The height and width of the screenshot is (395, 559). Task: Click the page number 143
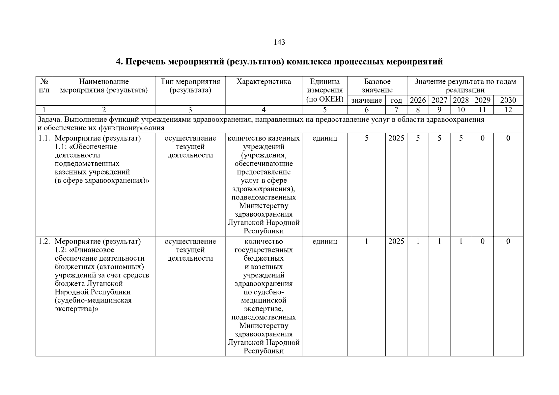click(279, 42)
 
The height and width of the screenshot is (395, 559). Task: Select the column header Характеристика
click(264, 82)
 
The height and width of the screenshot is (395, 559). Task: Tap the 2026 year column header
click(418, 100)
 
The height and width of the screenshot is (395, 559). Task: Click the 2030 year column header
click(508, 100)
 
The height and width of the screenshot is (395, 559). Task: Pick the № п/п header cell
click(44, 86)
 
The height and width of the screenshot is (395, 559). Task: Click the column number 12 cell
click(508, 110)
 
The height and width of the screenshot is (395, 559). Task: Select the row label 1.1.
click(44, 138)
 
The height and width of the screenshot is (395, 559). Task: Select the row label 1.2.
click(44, 241)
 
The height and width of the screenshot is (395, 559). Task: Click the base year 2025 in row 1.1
click(396, 138)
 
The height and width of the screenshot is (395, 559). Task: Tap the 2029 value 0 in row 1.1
click(482, 138)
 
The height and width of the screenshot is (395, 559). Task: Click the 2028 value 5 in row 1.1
click(461, 138)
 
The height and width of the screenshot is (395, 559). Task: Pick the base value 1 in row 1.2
click(366, 241)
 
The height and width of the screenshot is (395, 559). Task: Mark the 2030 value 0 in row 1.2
click(508, 241)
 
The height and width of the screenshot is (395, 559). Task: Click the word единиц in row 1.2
click(324, 241)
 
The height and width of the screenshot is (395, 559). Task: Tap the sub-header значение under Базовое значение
click(366, 100)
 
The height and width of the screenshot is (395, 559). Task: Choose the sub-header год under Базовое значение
click(396, 100)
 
